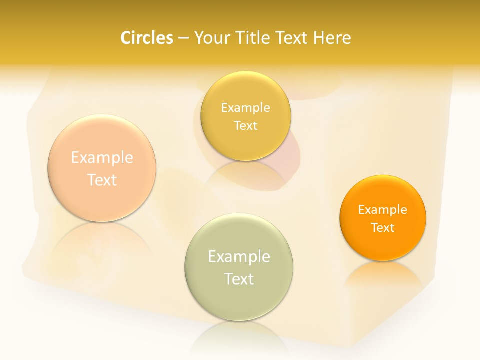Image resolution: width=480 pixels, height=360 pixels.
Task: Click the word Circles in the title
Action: click(x=147, y=38)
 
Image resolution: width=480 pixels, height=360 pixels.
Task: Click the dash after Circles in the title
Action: click(x=183, y=38)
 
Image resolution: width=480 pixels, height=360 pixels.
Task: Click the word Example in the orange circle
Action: click(x=383, y=209)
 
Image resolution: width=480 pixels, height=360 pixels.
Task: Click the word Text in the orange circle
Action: click(x=383, y=228)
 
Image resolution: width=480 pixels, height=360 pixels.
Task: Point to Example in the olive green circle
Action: click(x=239, y=256)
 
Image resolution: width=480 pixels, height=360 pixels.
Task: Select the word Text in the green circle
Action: click(x=239, y=279)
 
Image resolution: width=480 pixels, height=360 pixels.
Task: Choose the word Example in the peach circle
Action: click(x=102, y=157)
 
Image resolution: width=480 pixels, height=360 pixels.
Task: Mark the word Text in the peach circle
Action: click(x=102, y=180)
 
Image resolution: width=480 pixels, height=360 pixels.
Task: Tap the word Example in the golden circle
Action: click(x=245, y=107)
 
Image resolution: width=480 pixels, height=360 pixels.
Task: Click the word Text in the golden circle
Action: click(x=245, y=125)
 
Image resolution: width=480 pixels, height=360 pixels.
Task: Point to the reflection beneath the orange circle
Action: click(x=383, y=275)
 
